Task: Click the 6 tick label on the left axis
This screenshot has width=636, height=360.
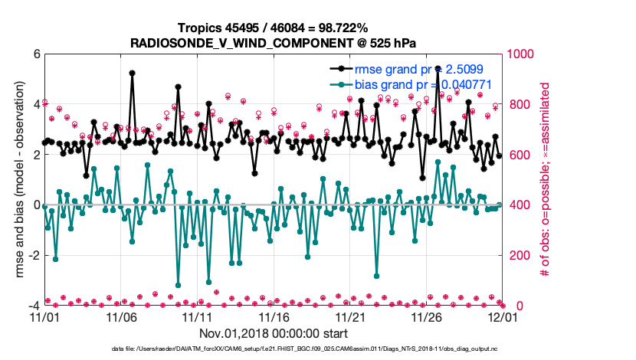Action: (x=35, y=54)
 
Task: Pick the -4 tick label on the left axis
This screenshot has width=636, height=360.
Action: (x=32, y=306)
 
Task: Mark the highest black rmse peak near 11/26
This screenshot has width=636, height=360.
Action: (x=438, y=68)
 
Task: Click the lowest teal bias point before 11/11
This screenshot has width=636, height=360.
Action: (x=178, y=285)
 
